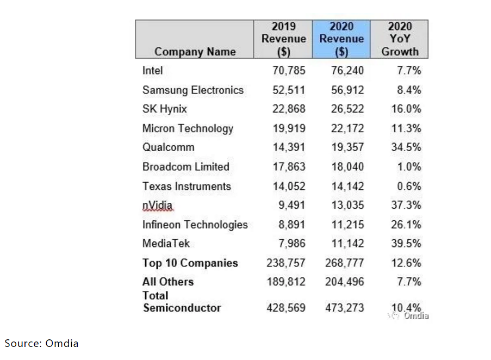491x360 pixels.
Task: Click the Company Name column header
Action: click(x=195, y=52)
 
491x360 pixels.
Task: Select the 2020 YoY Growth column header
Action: click(x=400, y=39)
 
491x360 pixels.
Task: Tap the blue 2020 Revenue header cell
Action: click(x=341, y=39)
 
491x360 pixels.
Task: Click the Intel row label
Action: click(x=153, y=71)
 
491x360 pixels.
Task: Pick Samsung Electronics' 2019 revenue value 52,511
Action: click(x=289, y=90)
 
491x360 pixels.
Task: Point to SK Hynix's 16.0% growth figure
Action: click(x=406, y=109)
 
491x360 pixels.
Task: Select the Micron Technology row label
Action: click(x=188, y=128)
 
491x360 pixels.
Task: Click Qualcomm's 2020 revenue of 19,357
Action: click(x=347, y=147)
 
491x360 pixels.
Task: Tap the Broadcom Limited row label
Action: click(x=186, y=166)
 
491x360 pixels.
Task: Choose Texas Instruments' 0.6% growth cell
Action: click(x=409, y=186)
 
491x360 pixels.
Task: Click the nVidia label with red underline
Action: click(x=157, y=206)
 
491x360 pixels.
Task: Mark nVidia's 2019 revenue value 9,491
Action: click(x=292, y=206)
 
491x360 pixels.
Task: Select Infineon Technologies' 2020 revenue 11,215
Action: click(x=347, y=225)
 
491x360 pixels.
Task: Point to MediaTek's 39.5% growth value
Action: click(x=406, y=244)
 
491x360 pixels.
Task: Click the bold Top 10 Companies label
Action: click(x=190, y=263)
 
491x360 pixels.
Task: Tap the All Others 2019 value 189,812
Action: click(x=286, y=282)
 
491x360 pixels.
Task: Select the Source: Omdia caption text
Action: click(x=42, y=343)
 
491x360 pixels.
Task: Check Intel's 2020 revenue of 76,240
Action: click(x=347, y=71)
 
